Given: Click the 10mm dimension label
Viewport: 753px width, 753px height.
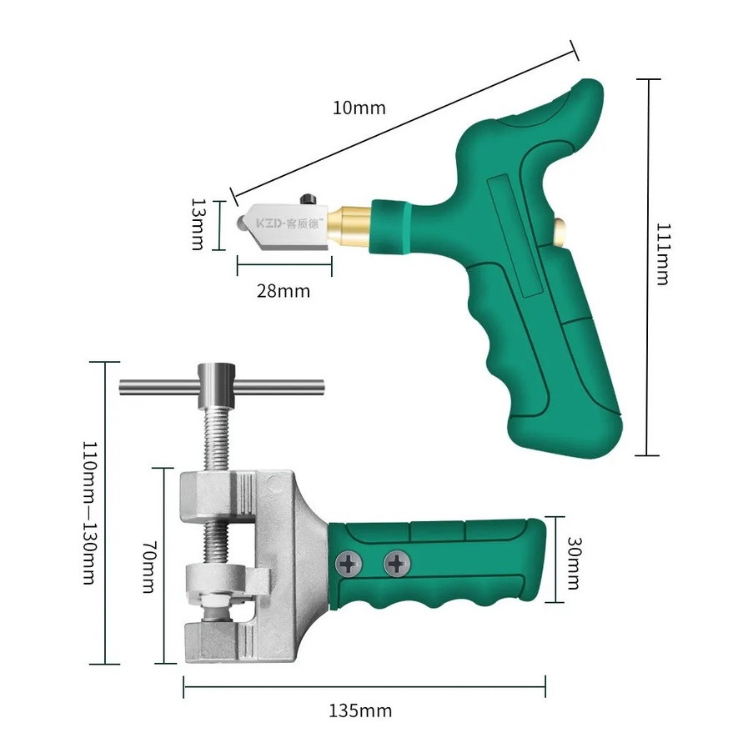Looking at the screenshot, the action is [359, 108].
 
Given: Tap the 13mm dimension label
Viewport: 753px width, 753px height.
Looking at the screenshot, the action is [198, 224].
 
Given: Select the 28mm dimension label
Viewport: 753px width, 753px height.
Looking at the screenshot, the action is [284, 291].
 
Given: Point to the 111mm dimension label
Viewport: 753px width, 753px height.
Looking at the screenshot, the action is [663, 254].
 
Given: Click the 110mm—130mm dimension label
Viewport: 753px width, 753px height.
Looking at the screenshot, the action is [90, 512].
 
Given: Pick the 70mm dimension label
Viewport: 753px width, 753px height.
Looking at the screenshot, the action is [150, 567].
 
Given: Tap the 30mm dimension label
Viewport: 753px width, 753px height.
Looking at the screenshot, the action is [575, 563].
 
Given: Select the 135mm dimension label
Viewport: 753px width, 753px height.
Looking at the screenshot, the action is [360, 710].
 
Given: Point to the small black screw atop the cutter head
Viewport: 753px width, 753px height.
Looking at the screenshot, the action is [308, 198].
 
